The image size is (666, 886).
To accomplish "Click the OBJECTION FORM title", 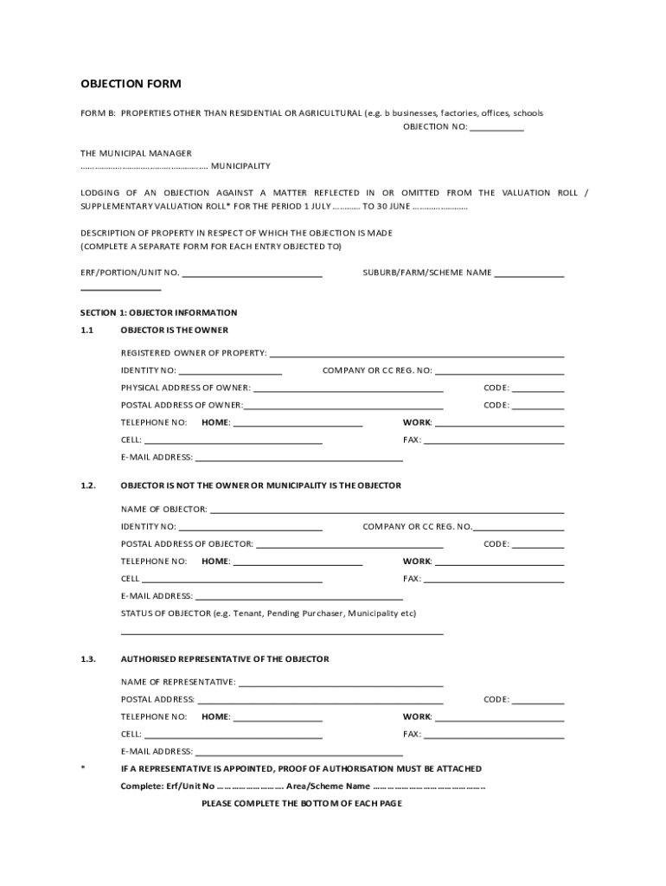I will tap(131, 84).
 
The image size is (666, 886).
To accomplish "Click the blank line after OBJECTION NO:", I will tap(497, 129).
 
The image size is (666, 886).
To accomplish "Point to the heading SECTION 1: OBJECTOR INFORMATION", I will tap(159, 312).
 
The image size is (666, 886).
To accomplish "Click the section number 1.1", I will tap(86, 331).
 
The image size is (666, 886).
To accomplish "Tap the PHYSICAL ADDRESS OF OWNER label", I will tap(186, 388).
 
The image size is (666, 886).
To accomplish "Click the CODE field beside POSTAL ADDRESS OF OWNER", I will tap(538, 408).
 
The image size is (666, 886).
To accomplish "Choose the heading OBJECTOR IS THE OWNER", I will tap(175, 331).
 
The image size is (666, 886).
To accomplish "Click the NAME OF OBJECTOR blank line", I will tap(387, 511).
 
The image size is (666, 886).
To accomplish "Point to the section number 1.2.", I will tap(87, 485).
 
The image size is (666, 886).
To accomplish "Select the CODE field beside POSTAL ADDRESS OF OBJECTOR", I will tap(538, 546).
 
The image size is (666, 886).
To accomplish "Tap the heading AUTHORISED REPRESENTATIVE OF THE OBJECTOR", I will tap(225, 659).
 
